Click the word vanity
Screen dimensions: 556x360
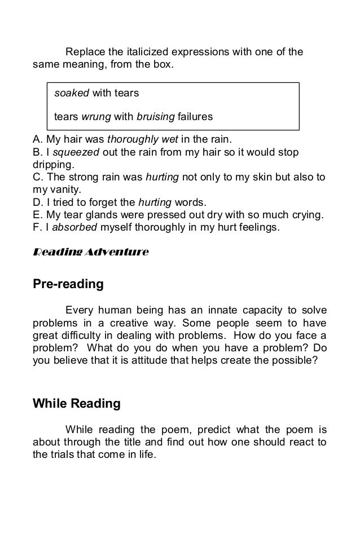point(67,191)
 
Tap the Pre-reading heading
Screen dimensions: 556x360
point(68,284)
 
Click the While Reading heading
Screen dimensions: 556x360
point(77,404)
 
